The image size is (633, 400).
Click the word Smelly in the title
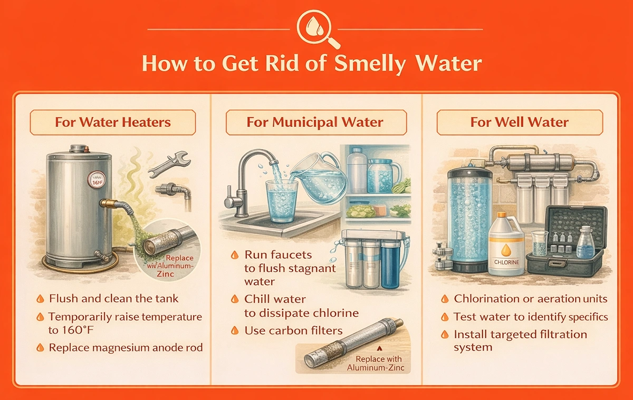point(370,64)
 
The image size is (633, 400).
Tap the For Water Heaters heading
point(113,122)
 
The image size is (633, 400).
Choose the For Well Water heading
point(520,122)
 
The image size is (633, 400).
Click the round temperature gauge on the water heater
point(97,180)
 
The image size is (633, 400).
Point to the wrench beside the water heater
point(169,164)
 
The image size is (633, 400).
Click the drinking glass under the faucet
point(282,201)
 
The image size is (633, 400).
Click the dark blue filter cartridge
point(390,263)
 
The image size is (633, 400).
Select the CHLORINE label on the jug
point(506,262)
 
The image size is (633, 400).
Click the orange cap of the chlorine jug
point(501,215)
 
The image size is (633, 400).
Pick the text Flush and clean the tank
point(113,298)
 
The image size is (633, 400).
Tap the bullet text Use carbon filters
point(293,330)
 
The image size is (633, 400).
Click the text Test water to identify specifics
point(531,317)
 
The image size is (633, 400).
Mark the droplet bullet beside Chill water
point(235,299)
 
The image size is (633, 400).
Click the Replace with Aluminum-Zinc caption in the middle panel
point(376,363)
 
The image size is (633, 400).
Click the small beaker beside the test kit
point(540,243)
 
